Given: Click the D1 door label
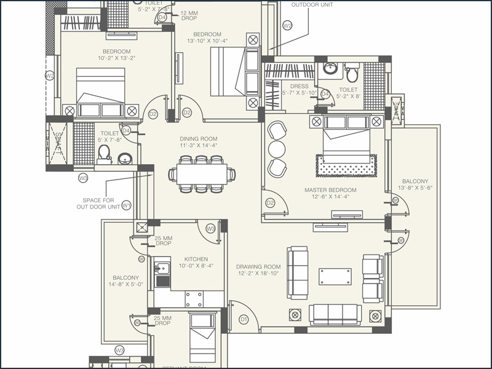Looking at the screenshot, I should point(244,319).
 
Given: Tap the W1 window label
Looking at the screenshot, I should point(126,205).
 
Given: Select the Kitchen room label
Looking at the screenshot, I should point(196,259).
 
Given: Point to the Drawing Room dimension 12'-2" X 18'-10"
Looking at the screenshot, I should point(258,273).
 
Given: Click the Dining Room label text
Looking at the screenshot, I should point(198,139).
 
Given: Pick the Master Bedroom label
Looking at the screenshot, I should point(330,190).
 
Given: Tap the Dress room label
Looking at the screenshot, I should point(300,87).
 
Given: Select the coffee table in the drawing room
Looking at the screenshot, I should point(335,276).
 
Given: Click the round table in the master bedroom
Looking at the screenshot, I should point(277,149).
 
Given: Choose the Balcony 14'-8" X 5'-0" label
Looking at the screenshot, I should point(125,281).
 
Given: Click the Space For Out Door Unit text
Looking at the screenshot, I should point(100,204).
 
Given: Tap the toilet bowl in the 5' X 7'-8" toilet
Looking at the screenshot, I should point(104,152).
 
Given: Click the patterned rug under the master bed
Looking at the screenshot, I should point(346,165).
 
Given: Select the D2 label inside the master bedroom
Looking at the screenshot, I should point(269,202).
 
